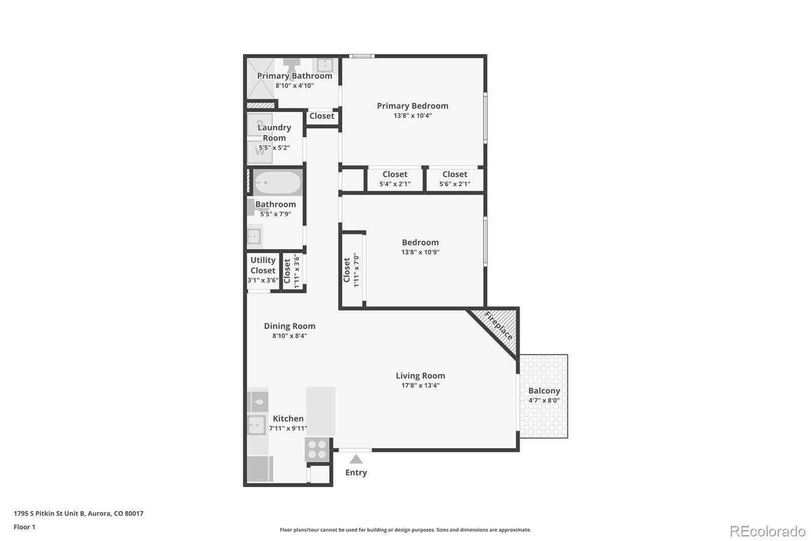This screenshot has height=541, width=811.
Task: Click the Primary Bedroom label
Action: coord(413,106)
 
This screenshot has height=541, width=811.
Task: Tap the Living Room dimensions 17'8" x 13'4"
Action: coord(420,385)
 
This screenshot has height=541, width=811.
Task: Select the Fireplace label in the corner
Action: coord(499,326)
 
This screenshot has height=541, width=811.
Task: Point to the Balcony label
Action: coord(544,390)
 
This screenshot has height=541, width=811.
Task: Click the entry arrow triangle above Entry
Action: coord(356,459)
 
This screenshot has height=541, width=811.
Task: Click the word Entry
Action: coord(356,472)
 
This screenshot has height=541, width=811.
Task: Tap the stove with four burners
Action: coord(317,450)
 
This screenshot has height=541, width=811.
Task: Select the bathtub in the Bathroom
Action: coord(277,182)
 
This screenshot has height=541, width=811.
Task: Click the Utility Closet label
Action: coord(263,265)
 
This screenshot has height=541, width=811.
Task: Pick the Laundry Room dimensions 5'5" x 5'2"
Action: coord(274,148)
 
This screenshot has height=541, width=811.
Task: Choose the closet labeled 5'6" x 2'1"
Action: coord(455,179)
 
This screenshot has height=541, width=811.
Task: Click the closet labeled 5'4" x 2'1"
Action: coord(395,179)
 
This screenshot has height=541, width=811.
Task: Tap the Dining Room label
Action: coord(289,326)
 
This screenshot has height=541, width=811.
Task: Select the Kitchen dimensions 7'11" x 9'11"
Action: coord(288,428)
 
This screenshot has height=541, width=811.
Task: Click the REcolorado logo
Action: coord(767,531)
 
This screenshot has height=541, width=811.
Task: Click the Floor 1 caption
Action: coord(24,527)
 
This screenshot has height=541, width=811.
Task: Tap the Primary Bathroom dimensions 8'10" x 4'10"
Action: coord(294,86)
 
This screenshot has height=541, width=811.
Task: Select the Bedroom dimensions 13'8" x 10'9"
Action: coord(420,252)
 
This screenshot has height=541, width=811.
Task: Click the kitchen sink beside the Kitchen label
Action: coord(256,425)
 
